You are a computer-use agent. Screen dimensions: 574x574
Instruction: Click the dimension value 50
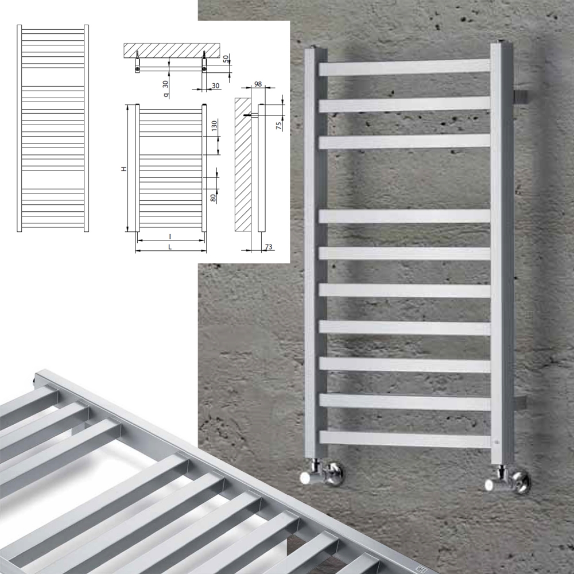(x=226, y=58)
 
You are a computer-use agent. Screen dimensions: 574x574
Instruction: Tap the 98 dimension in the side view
(x=258, y=84)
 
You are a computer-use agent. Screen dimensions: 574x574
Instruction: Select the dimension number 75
(x=279, y=126)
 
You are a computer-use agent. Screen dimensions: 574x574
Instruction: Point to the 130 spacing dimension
(x=214, y=126)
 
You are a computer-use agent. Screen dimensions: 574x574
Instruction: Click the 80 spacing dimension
(x=213, y=198)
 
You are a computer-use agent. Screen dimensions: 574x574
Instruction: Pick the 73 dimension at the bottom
(x=269, y=247)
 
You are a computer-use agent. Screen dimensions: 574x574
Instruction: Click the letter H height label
(x=124, y=169)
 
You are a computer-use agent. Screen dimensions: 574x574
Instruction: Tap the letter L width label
(x=170, y=247)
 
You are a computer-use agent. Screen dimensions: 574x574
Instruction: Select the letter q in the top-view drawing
(x=166, y=95)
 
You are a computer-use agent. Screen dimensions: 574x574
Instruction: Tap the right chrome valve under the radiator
(x=507, y=480)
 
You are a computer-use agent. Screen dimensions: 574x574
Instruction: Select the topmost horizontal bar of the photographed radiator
(x=404, y=68)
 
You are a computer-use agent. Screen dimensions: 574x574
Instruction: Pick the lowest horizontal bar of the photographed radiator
(x=405, y=439)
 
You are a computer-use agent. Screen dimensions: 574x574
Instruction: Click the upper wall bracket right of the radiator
(x=521, y=97)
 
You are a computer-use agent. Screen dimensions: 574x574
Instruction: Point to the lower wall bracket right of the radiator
(x=520, y=403)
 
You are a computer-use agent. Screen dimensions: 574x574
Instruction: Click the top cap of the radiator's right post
(x=502, y=42)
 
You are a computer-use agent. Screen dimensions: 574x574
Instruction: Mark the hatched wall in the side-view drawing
(x=243, y=164)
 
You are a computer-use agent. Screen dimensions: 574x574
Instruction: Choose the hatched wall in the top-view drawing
(x=172, y=51)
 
